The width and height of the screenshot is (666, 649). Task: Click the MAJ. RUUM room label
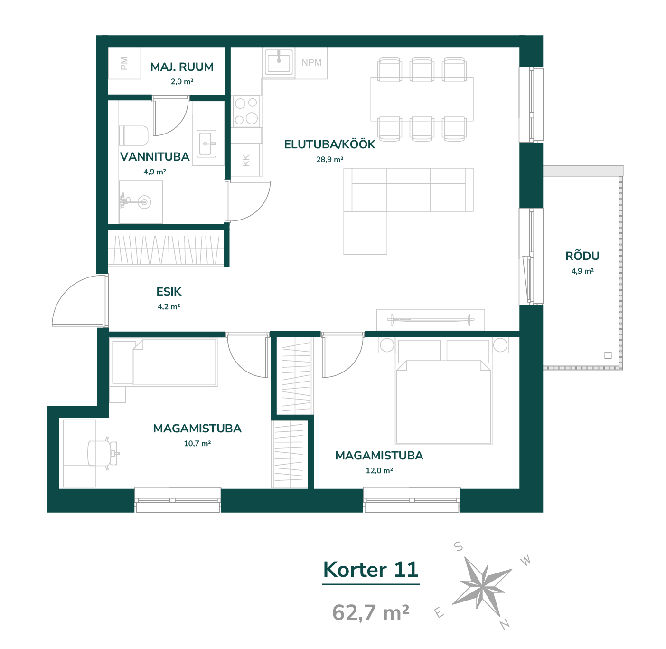182,67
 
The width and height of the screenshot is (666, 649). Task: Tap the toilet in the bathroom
133,135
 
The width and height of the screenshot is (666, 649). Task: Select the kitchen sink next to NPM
279,62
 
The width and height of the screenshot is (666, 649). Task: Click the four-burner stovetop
246,111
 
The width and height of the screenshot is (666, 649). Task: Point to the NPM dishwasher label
311,62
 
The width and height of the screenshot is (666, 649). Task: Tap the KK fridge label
246,160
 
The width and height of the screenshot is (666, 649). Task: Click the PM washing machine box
124,63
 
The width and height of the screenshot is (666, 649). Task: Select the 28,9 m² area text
329,159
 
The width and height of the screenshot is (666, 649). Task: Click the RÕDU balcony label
582,256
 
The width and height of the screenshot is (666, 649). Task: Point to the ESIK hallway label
169,291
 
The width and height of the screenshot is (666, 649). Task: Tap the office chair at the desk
103,453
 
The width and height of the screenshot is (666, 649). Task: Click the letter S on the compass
458,546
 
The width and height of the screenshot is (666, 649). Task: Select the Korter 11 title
371,570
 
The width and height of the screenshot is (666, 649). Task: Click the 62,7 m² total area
371,612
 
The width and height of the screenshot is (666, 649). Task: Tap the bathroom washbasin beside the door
206,143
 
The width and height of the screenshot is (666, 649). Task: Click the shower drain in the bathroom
144,202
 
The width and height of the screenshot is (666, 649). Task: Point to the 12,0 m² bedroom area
379,470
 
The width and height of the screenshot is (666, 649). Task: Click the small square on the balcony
608,355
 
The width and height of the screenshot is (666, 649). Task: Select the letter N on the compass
505,624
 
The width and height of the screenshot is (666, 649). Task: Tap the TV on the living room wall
431,320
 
